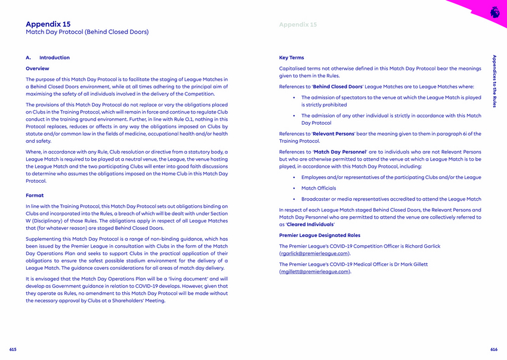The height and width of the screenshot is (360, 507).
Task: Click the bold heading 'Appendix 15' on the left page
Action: click(x=48, y=24)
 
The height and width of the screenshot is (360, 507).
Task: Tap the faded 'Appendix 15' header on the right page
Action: click(x=298, y=24)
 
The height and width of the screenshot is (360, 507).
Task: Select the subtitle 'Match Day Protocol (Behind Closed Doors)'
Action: click(x=87, y=32)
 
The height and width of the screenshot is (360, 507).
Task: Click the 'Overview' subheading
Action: click(x=38, y=69)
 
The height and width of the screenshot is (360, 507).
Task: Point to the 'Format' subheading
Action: click(x=35, y=195)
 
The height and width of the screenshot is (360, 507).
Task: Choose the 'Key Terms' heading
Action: click(x=292, y=58)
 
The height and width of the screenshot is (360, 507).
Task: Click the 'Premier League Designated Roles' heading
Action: click(x=320, y=235)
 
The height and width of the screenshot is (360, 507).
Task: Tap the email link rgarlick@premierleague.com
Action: click(x=314, y=253)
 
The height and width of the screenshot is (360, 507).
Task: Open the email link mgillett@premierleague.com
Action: click(x=314, y=272)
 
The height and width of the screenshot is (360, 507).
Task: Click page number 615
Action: click(x=13, y=349)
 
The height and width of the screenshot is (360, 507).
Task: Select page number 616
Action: click(x=494, y=349)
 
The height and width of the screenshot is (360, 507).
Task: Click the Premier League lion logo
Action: click(x=494, y=11)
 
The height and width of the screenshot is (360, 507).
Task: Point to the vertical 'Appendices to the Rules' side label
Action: click(x=494, y=81)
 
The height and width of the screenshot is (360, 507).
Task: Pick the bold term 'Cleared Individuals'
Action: click(x=311, y=224)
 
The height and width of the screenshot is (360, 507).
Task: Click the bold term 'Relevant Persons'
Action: click(x=335, y=134)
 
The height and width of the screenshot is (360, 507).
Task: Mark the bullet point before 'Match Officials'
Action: click(x=294, y=189)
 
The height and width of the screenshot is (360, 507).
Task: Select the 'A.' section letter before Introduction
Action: click(x=28, y=58)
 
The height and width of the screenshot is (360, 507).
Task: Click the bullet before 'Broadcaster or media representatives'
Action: click(x=294, y=199)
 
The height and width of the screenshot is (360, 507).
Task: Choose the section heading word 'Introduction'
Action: click(x=54, y=58)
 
